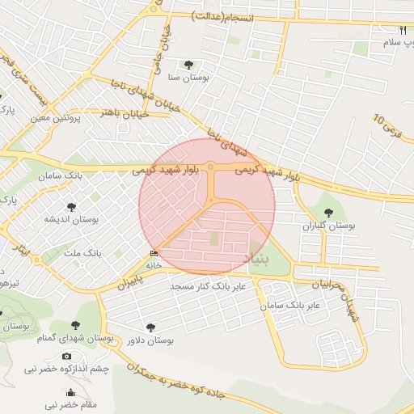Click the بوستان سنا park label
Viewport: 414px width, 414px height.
[x=188, y=78]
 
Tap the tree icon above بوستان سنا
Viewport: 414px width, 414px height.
[x=188, y=65]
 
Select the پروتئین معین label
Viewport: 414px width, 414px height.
[x=57, y=118]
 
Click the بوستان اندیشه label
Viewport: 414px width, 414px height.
[x=70, y=219]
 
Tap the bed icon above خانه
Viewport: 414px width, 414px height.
[x=154, y=253]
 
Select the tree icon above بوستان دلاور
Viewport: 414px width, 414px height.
[x=150, y=327]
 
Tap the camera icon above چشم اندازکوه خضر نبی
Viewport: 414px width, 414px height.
[x=66, y=357]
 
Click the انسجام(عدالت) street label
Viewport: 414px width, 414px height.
[x=222, y=17]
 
